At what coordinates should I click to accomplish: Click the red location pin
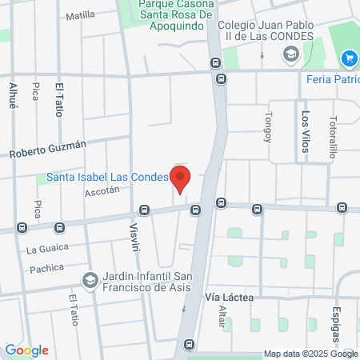pos(181,178)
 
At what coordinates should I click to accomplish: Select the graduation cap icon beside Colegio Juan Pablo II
pos(290,54)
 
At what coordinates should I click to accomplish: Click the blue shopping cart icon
pos(348,58)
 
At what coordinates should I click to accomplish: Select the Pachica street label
pos(46,268)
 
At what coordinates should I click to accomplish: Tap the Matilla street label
pos(80,15)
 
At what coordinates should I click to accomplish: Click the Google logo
pos(26,350)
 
